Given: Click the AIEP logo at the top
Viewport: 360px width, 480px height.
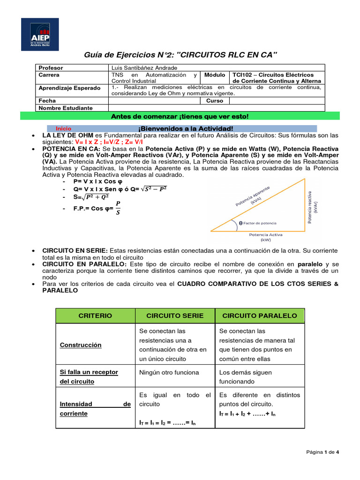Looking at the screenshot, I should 40,34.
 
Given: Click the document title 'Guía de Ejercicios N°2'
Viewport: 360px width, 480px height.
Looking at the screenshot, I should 180,56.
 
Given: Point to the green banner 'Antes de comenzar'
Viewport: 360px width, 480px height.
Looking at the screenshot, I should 180,116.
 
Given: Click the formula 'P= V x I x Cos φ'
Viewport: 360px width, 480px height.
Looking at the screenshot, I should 98,181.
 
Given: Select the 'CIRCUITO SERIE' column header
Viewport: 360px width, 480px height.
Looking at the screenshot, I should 175,315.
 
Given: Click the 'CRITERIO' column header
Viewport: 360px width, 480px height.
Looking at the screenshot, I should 95,315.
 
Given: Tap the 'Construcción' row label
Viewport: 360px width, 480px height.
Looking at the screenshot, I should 81,345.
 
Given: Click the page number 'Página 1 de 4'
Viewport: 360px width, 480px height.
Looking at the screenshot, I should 322,452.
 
